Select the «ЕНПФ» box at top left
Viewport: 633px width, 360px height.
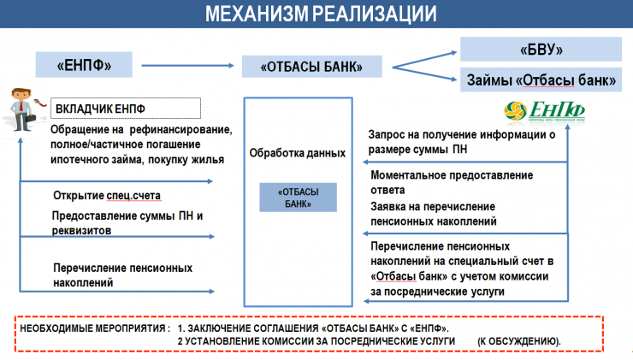[85, 63]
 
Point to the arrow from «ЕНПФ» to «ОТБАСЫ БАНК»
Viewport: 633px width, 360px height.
[187, 64]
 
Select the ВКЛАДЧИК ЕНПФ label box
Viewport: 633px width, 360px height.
[126, 109]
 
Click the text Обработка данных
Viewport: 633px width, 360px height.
[297, 154]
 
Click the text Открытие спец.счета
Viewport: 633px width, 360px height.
[107, 195]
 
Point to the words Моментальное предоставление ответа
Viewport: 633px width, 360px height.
[452, 181]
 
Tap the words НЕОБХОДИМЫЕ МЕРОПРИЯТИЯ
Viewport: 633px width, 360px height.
[93, 328]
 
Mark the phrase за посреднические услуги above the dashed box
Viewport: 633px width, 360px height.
[438, 292]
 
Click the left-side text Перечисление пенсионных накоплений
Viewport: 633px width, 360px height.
[122, 274]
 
